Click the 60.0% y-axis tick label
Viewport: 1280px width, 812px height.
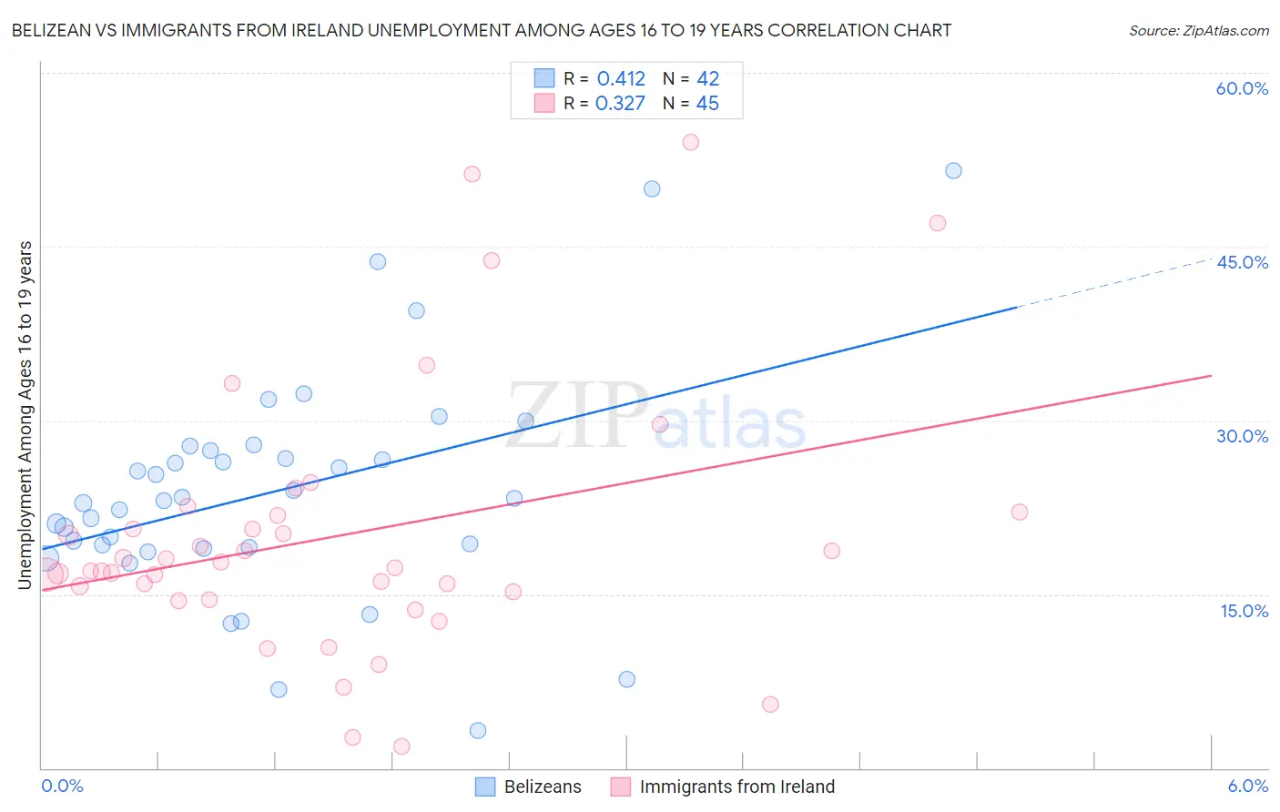click(1242, 88)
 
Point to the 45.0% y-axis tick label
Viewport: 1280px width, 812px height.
click(1242, 262)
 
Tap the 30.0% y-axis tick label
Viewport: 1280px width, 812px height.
click(1242, 436)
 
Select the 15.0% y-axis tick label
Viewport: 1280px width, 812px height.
click(1244, 611)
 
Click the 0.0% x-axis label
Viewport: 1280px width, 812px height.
click(62, 787)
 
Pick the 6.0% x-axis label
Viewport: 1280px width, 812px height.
click(1247, 787)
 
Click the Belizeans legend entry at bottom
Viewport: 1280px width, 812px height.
click(529, 787)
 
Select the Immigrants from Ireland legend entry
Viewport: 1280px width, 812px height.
click(723, 787)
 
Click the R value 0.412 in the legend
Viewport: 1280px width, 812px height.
click(621, 79)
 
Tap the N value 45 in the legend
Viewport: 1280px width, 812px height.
click(707, 104)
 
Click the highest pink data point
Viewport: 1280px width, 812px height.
click(690, 142)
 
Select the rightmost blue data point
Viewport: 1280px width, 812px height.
click(953, 171)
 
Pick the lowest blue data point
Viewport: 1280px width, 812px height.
click(478, 730)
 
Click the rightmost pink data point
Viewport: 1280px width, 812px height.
click(1020, 512)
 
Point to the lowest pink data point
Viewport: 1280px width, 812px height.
click(401, 746)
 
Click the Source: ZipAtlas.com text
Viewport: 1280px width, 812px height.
click(1198, 31)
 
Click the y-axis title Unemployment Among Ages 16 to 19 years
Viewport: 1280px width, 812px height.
click(25, 415)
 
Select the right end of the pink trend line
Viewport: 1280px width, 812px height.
click(1211, 375)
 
